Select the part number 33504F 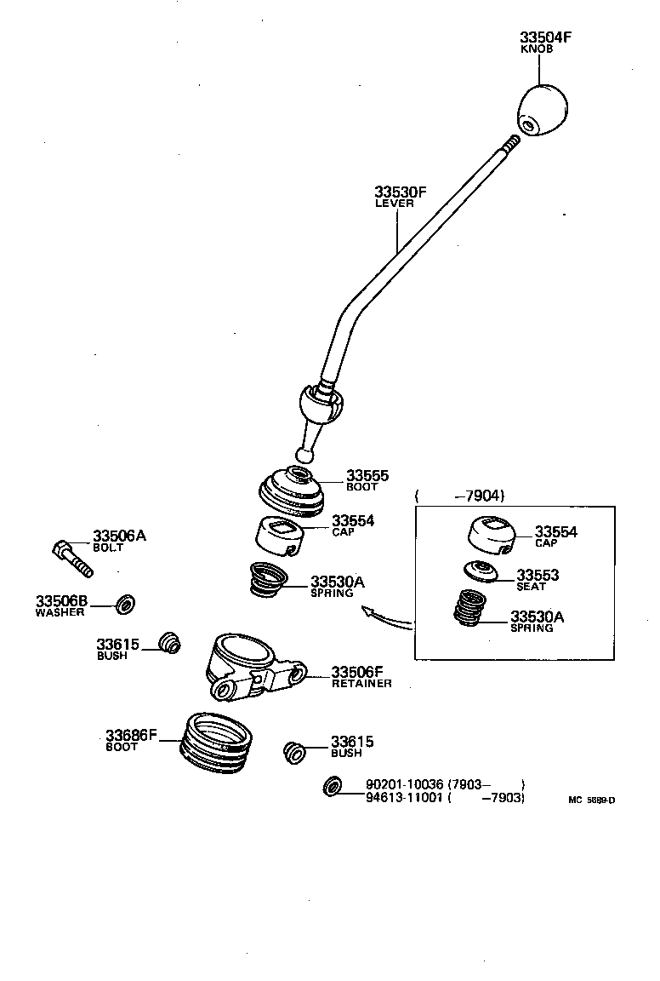(546, 37)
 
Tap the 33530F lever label (400, 192)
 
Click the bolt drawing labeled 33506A (71, 557)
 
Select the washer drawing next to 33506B (124, 605)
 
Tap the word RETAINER (361, 684)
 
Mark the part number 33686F (132, 734)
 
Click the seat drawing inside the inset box (481, 571)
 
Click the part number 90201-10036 (405, 784)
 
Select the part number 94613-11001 (405, 798)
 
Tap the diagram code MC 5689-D (591, 800)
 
